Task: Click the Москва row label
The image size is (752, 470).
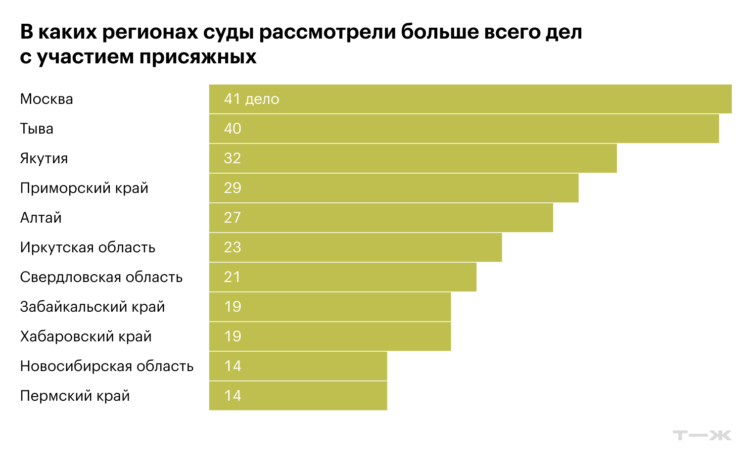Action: coord(47,99)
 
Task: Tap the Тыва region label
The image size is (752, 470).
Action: coord(37,129)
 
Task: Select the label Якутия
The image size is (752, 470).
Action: coord(44,158)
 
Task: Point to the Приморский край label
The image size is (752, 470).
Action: coord(84,188)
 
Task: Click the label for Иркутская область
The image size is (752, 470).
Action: coord(88,247)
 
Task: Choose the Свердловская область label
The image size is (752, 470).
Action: coord(101,277)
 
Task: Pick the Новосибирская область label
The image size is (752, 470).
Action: coord(107,366)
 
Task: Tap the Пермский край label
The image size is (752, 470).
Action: coord(75,396)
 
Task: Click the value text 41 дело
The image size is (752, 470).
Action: coord(251,99)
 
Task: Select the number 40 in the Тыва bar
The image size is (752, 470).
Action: coord(233,129)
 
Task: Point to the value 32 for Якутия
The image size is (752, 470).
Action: coord(233,158)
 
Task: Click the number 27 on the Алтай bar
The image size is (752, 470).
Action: coord(233,218)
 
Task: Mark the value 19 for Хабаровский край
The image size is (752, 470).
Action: coord(233,336)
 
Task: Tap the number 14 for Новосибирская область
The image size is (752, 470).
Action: coord(233,366)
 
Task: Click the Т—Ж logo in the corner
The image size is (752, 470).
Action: coord(702,435)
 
